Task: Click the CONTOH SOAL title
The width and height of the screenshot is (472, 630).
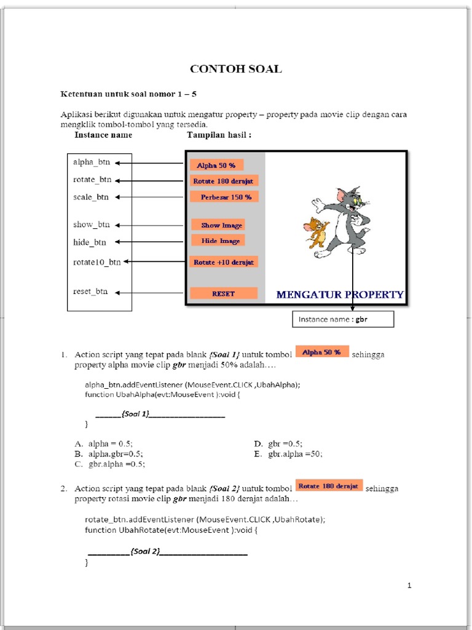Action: tap(236, 69)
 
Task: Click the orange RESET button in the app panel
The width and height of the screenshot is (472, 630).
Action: tap(223, 293)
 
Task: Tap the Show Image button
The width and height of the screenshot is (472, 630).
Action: tap(218, 225)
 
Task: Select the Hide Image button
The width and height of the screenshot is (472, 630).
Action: tap(218, 241)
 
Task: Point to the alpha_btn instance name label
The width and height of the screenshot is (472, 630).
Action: tap(92, 162)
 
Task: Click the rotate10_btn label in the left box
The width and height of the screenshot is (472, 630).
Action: tap(97, 262)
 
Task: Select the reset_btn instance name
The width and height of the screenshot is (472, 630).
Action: tap(90, 292)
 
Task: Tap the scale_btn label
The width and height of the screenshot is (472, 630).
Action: tap(91, 197)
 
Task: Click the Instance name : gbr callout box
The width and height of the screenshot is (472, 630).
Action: tap(342, 319)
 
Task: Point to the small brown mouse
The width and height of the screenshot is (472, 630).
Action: tap(317, 232)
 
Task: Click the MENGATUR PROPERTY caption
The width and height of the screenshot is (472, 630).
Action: tap(340, 295)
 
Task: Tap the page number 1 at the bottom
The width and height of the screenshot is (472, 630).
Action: tap(409, 585)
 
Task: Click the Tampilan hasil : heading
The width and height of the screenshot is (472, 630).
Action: tap(214, 135)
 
